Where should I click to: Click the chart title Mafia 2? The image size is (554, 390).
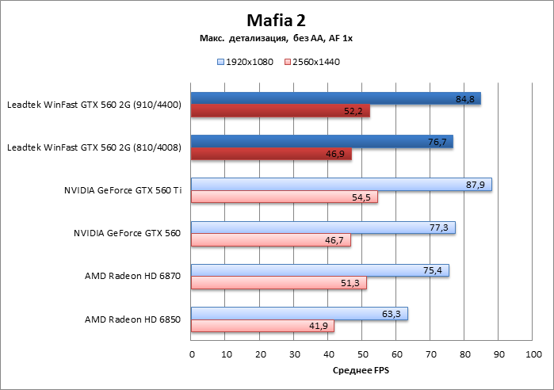(x=277, y=20)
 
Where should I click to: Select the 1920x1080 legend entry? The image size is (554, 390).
(x=244, y=61)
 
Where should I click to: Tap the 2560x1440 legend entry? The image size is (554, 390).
(x=311, y=61)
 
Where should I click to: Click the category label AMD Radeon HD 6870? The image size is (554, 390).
(x=132, y=277)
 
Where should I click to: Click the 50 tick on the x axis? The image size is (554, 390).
(x=362, y=354)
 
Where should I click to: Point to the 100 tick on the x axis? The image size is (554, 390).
(x=533, y=354)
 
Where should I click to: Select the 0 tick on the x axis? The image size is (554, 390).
(x=191, y=354)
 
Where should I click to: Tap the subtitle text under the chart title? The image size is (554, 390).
(x=277, y=39)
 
